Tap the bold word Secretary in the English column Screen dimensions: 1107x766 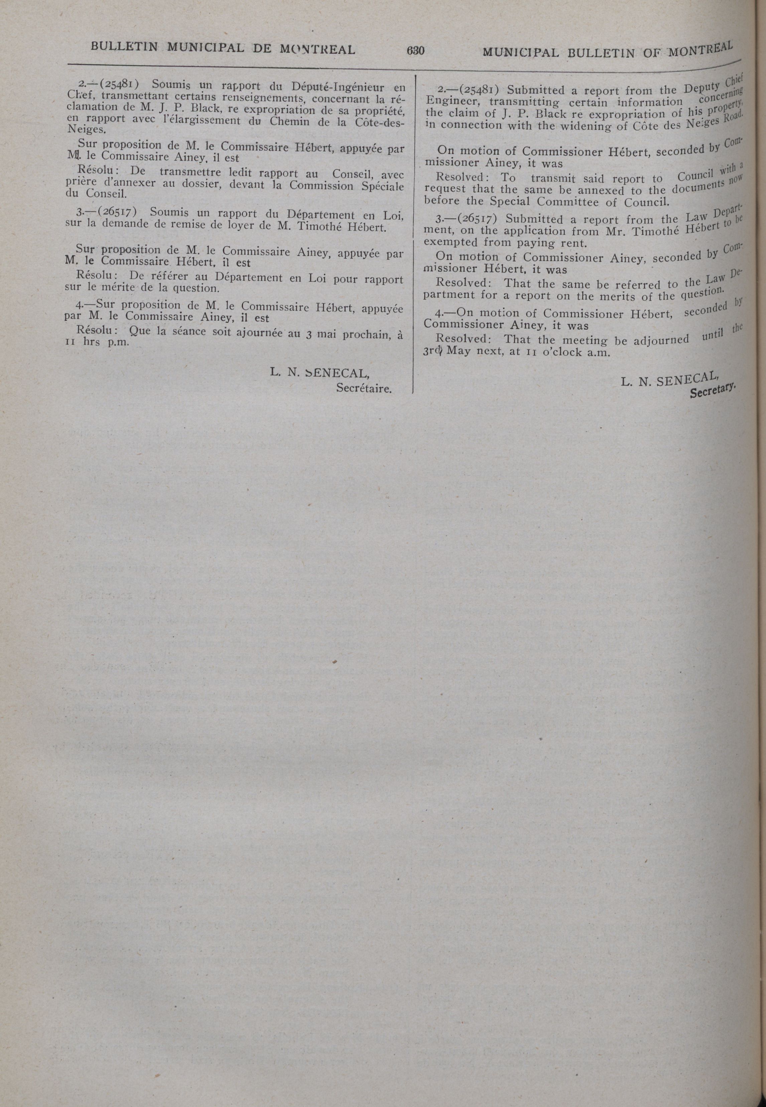[712, 391]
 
